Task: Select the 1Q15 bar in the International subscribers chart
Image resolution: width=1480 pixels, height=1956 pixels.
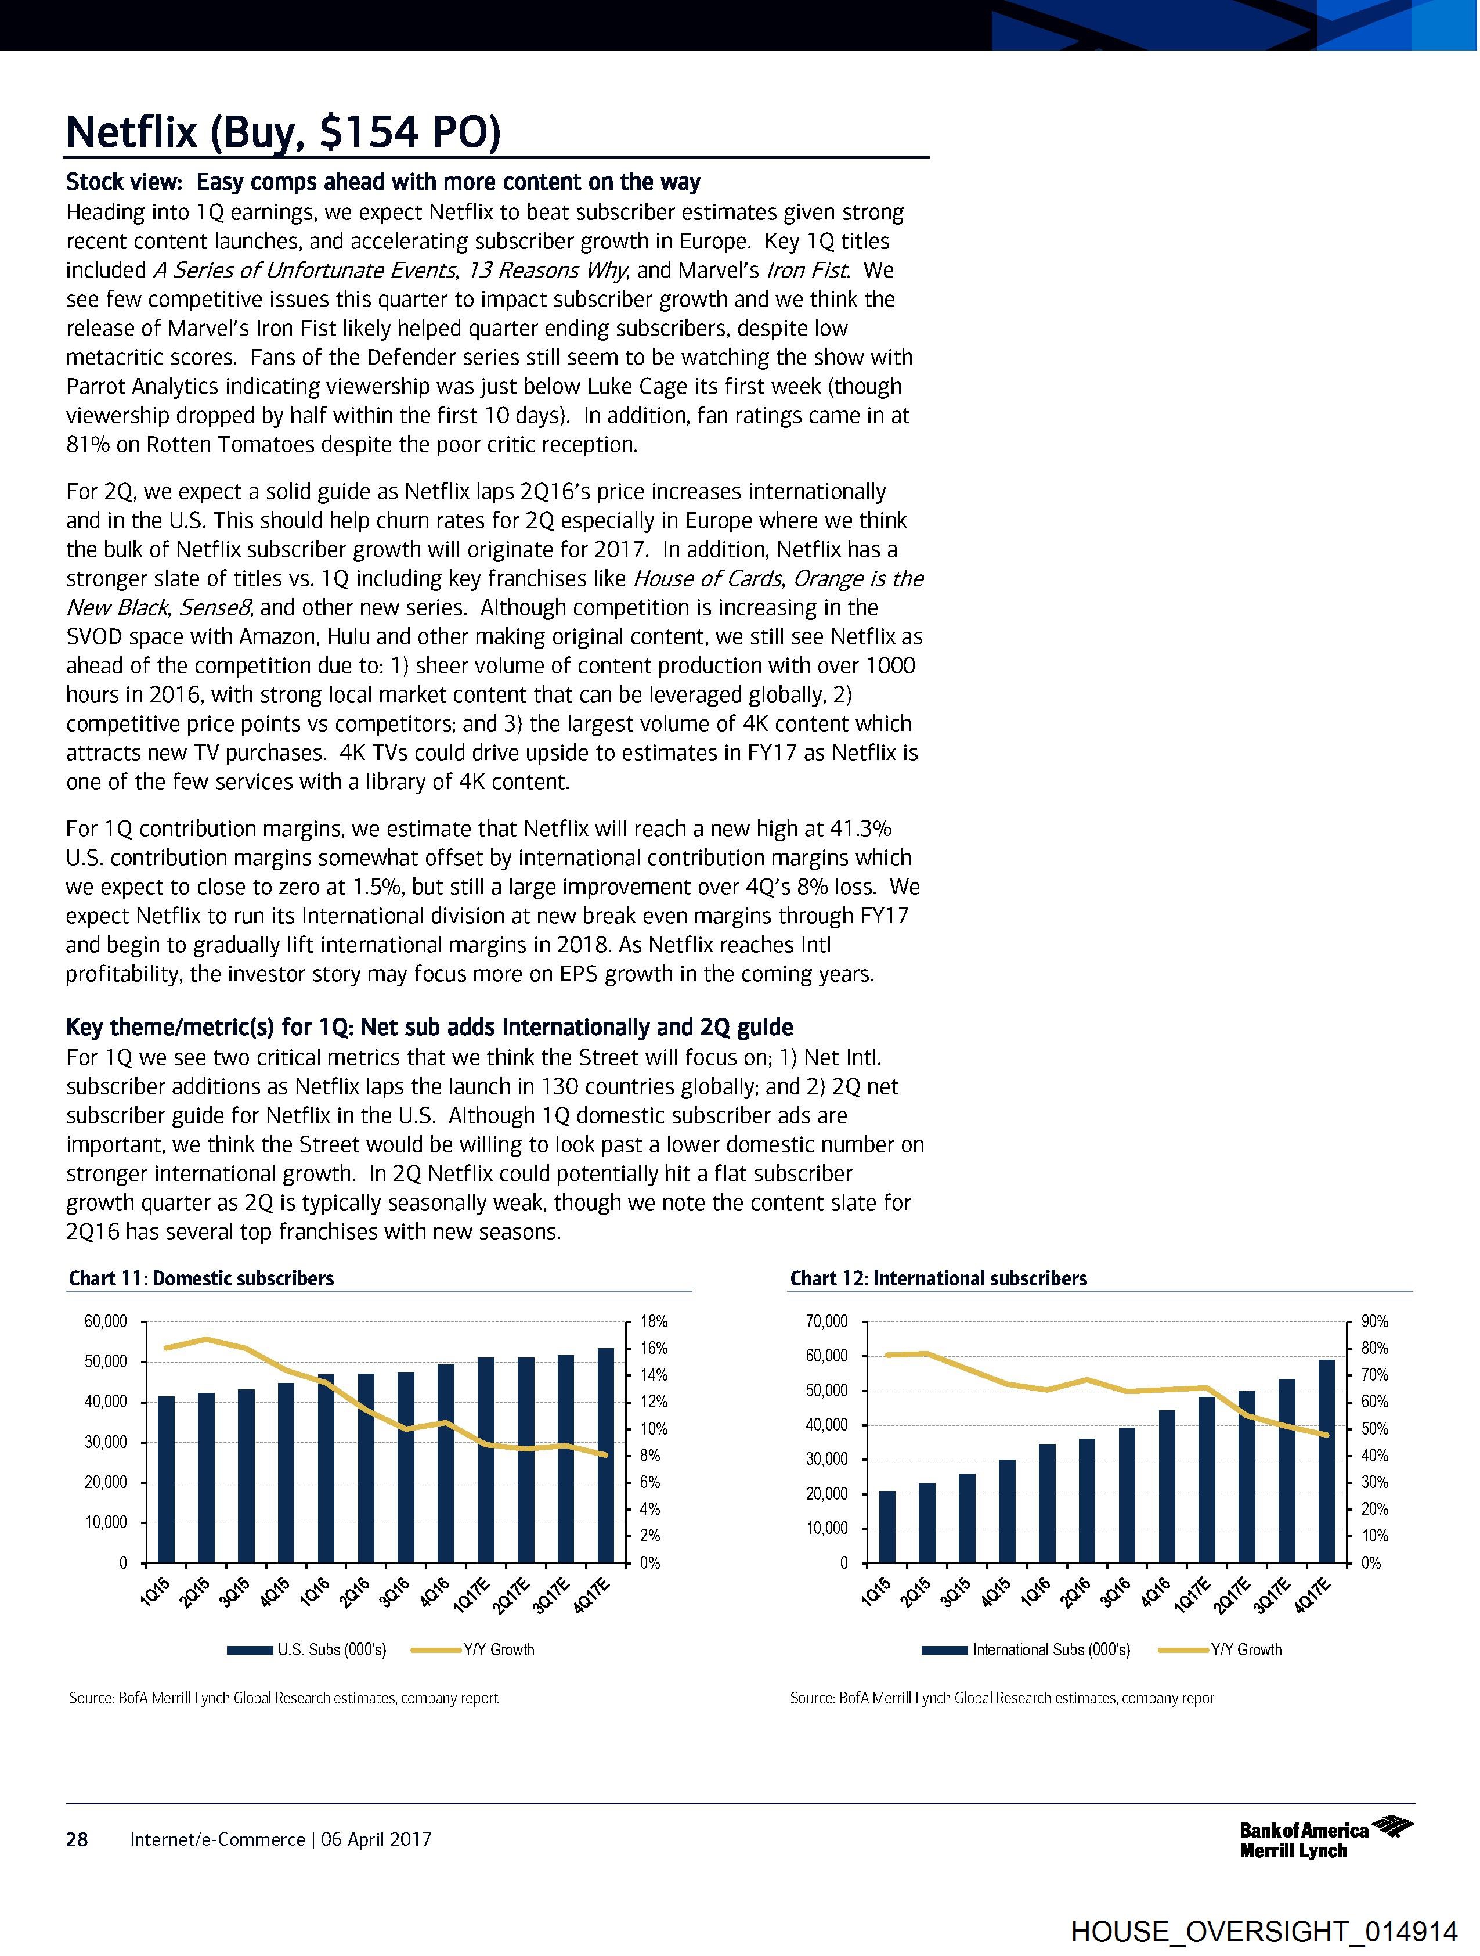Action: (x=887, y=1526)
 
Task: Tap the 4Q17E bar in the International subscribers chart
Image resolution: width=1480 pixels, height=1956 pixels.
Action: (x=1326, y=1461)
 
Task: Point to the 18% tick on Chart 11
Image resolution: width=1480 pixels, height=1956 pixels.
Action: (x=654, y=1322)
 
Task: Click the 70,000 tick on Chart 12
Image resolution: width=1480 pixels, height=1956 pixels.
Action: (x=826, y=1322)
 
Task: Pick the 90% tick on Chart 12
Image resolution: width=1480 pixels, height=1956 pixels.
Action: (x=1375, y=1322)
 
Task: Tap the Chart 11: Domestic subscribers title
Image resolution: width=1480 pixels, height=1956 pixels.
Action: (x=201, y=1278)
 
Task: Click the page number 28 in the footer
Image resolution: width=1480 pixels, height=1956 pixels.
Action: (x=77, y=1839)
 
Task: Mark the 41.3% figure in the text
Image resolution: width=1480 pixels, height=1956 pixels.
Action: (x=860, y=828)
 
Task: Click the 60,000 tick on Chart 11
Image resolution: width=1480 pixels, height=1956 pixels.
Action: (x=106, y=1322)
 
